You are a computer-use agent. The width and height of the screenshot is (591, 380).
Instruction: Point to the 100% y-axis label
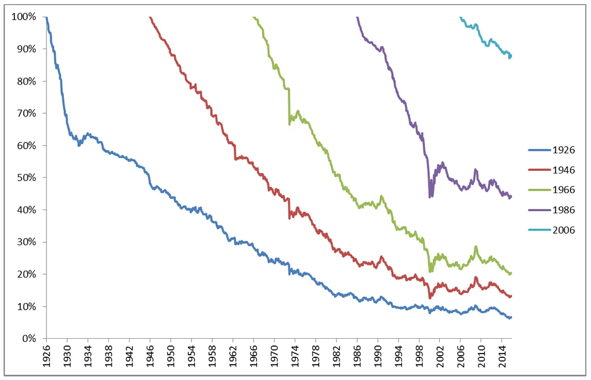[24, 17]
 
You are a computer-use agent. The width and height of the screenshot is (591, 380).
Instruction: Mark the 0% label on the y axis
[28, 339]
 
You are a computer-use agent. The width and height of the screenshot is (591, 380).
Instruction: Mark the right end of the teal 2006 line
[511, 56]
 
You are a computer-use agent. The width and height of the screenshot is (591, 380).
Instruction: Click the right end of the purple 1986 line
[511, 197]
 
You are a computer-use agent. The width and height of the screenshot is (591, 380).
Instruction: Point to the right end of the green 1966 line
[511, 273]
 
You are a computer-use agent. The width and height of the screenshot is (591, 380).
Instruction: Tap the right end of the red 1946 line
[511, 296]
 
